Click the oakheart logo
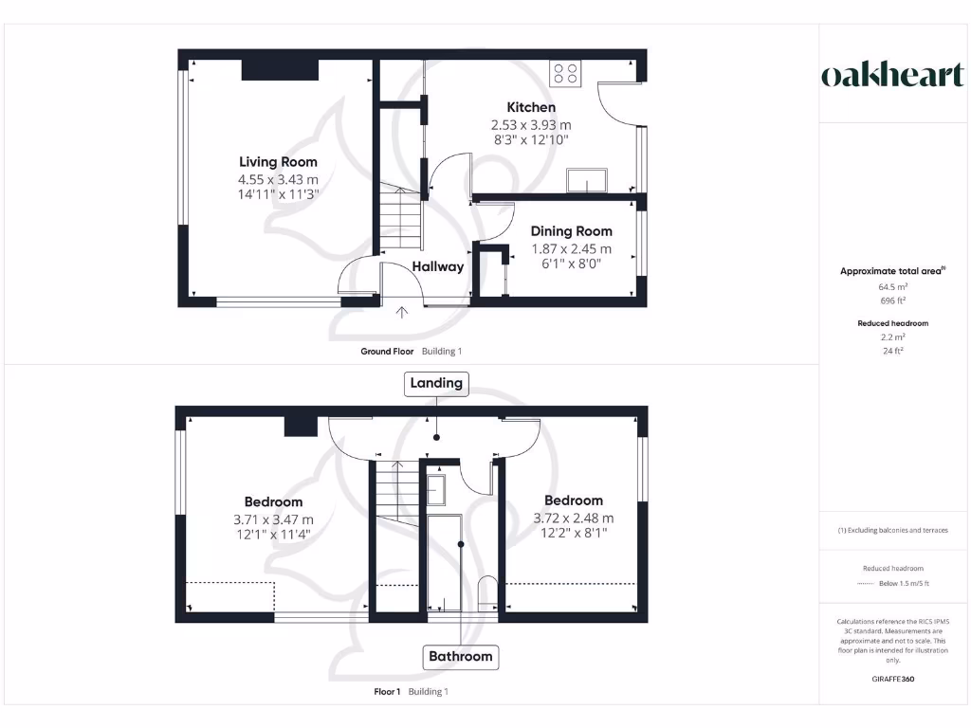pyautogui.click(x=892, y=76)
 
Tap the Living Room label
pyautogui.click(x=278, y=162)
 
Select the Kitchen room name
pyautogui.click(x=530, y=107)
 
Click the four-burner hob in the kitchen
pyautogui.click(x=566, y=73)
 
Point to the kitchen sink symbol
pyautogui.click(x=586, y=180)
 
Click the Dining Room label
pyautogui.click(x=571, y=231)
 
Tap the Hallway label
pyautogui.click(x=438, y=266)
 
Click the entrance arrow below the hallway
pyautogui.click(x=402, y=311)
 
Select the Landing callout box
pyautogui.click(x=435, y=383)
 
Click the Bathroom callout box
pyautogui.click(x=461, y=656)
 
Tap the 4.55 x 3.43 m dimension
pyautogui.click(x=278, y=179)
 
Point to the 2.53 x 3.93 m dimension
pyautogui.click(x=530, y=125)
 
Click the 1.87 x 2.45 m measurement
pyautogui.click(x=571, y=249)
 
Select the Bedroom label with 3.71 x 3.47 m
pyautogui.click(x=273, y=502)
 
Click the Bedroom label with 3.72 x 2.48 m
pyautogui.click(x=573, y=500)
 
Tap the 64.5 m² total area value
pyautogui.click(x=892, y=285)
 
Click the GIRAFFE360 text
pyautogui.click(x=892, y=679)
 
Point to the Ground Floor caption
pyautogui.click(x=387, y=352)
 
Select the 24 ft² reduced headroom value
pyautogui.click(x=892, y=351)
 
